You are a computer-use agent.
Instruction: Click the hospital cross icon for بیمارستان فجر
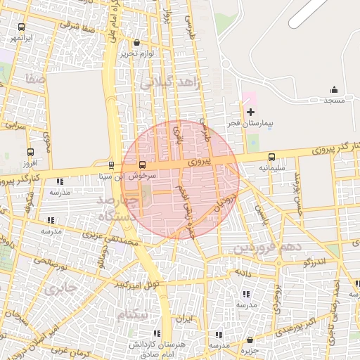(x=250, y=112)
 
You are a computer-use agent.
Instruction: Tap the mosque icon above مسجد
(x=334, y=90)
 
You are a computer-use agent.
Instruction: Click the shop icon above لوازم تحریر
(x=136, y=43)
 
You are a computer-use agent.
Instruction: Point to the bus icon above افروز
(x=30, y=152)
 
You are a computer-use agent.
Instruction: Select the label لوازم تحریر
(x=136, y=53)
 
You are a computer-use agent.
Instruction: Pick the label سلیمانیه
(x=271, y=169)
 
